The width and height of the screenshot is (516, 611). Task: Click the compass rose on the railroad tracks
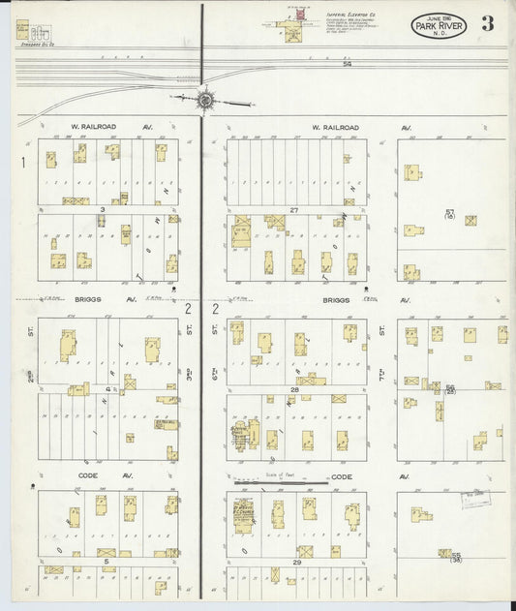(x=205, y=98)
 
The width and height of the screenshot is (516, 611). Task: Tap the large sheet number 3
(x=487, y=24)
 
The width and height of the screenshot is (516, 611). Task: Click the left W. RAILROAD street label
(x=75, y=127)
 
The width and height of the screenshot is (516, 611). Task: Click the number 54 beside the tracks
(x=347, y=64)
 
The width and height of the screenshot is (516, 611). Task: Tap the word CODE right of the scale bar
(x=342, y=477)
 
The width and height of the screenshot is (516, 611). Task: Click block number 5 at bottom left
(x=102, y=561)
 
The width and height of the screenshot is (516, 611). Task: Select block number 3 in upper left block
(x=102, y=209)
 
